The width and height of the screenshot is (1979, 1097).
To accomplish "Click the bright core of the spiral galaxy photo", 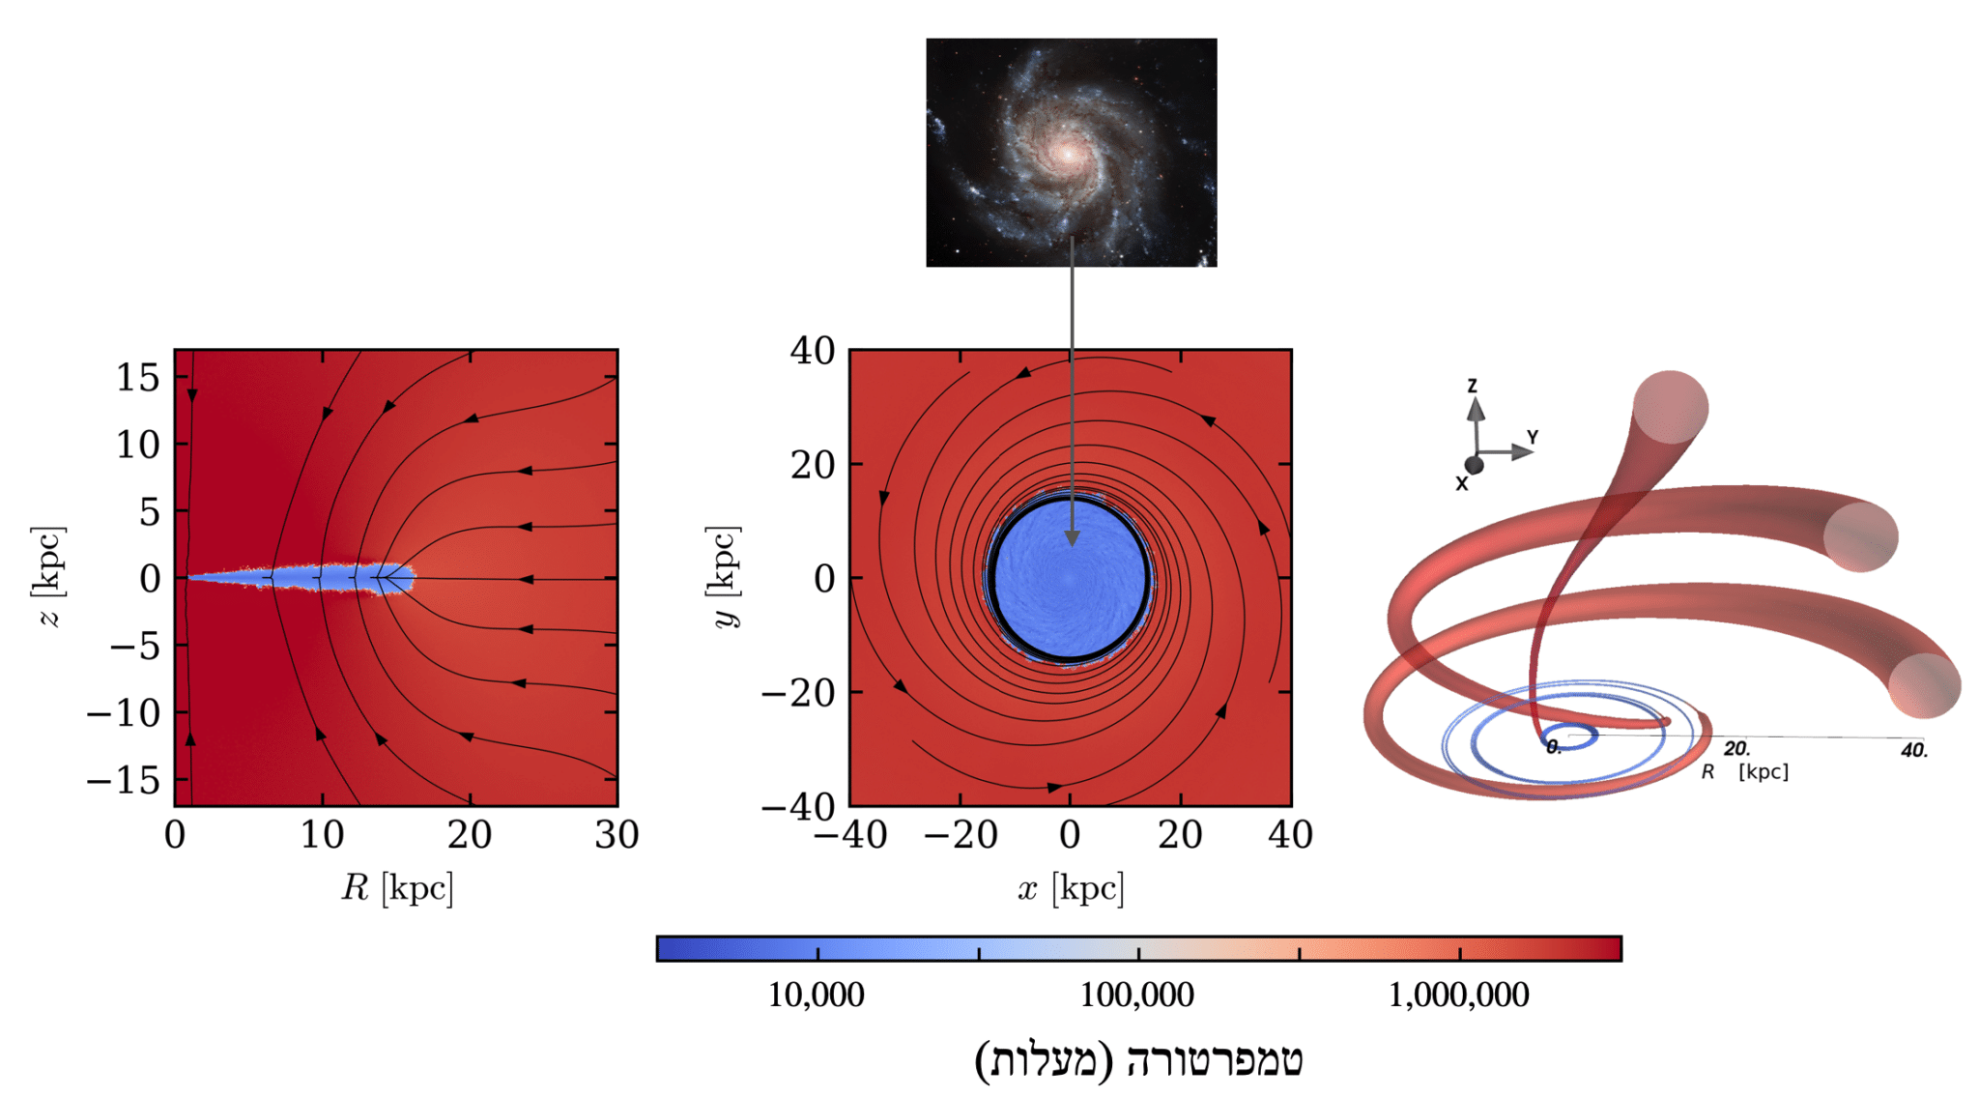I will [1067, 153].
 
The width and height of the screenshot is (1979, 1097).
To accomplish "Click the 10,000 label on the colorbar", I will [816, 995].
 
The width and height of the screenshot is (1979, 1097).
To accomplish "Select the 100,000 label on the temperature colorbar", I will [1136, 995].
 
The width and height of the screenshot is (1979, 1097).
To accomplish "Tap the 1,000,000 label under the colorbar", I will [1458, 995].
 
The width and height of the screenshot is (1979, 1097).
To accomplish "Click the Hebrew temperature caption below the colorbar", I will [1138, 1059].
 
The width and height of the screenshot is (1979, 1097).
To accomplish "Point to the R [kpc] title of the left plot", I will [396, 887].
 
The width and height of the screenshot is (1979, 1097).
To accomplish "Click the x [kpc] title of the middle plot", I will [1071, 887].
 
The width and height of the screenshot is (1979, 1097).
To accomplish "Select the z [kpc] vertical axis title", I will [49, 576].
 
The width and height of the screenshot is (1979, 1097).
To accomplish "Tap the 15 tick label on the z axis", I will [137, 377].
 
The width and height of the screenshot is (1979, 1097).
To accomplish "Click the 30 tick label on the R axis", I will [617, 835].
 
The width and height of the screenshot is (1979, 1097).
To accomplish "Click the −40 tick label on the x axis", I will [850, 835].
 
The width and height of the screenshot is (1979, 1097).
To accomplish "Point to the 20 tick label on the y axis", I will [812, 465].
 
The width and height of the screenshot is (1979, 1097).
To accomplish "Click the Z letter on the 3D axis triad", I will [1473, 386].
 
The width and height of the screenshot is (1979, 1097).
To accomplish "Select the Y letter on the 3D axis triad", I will [1533, 437].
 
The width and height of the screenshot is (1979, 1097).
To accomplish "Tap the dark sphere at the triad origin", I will [1474, 465].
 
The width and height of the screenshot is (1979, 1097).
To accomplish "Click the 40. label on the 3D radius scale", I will [1913, 750].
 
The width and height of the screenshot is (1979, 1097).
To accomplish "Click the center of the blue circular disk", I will [1069, 579].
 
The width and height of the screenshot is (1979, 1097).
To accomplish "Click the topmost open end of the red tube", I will [1671, 407].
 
